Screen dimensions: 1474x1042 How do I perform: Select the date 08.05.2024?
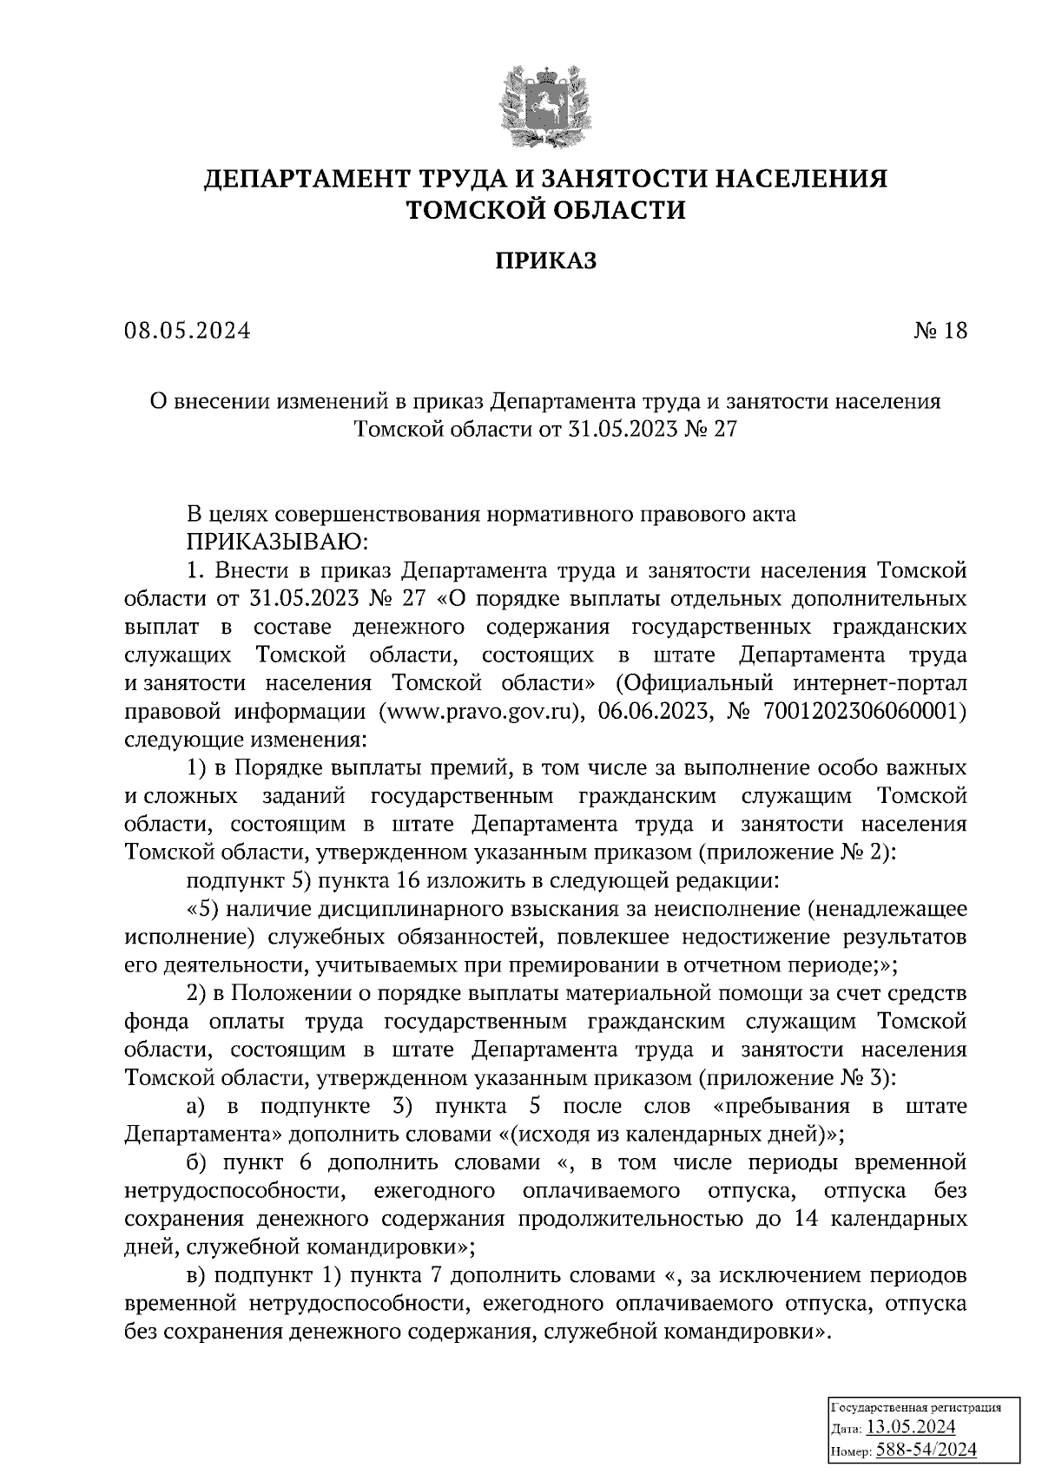[187, 331]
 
